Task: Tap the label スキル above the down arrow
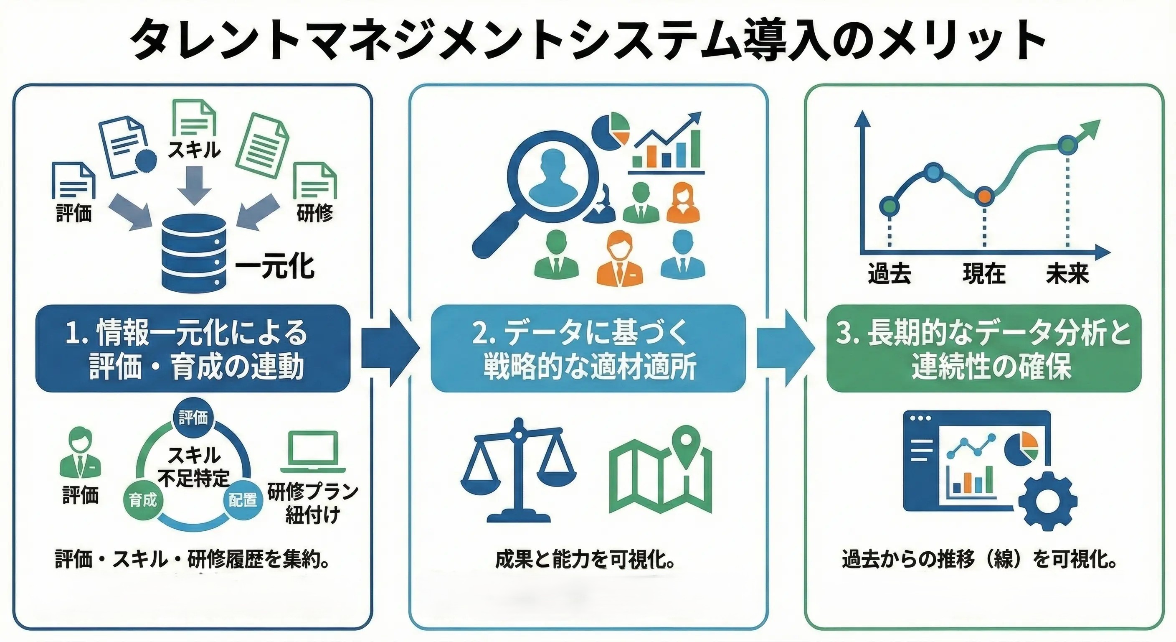point(195,149)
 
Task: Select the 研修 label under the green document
point(314,213)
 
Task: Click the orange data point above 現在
point(984,196)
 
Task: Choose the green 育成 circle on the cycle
point(142,500)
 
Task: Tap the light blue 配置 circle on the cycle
point(242,500)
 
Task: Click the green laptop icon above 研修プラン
point(313,452)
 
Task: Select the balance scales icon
point(519,471)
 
